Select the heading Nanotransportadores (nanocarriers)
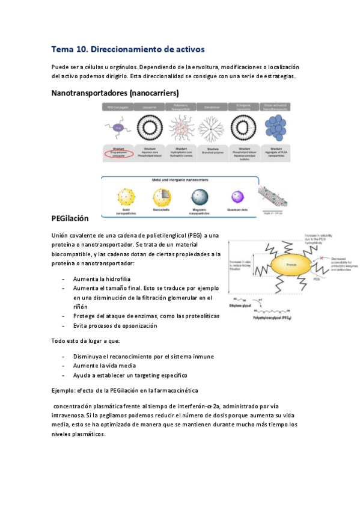click(115, 93)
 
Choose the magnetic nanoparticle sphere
click(199, 197)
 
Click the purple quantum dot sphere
click(236, 196)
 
